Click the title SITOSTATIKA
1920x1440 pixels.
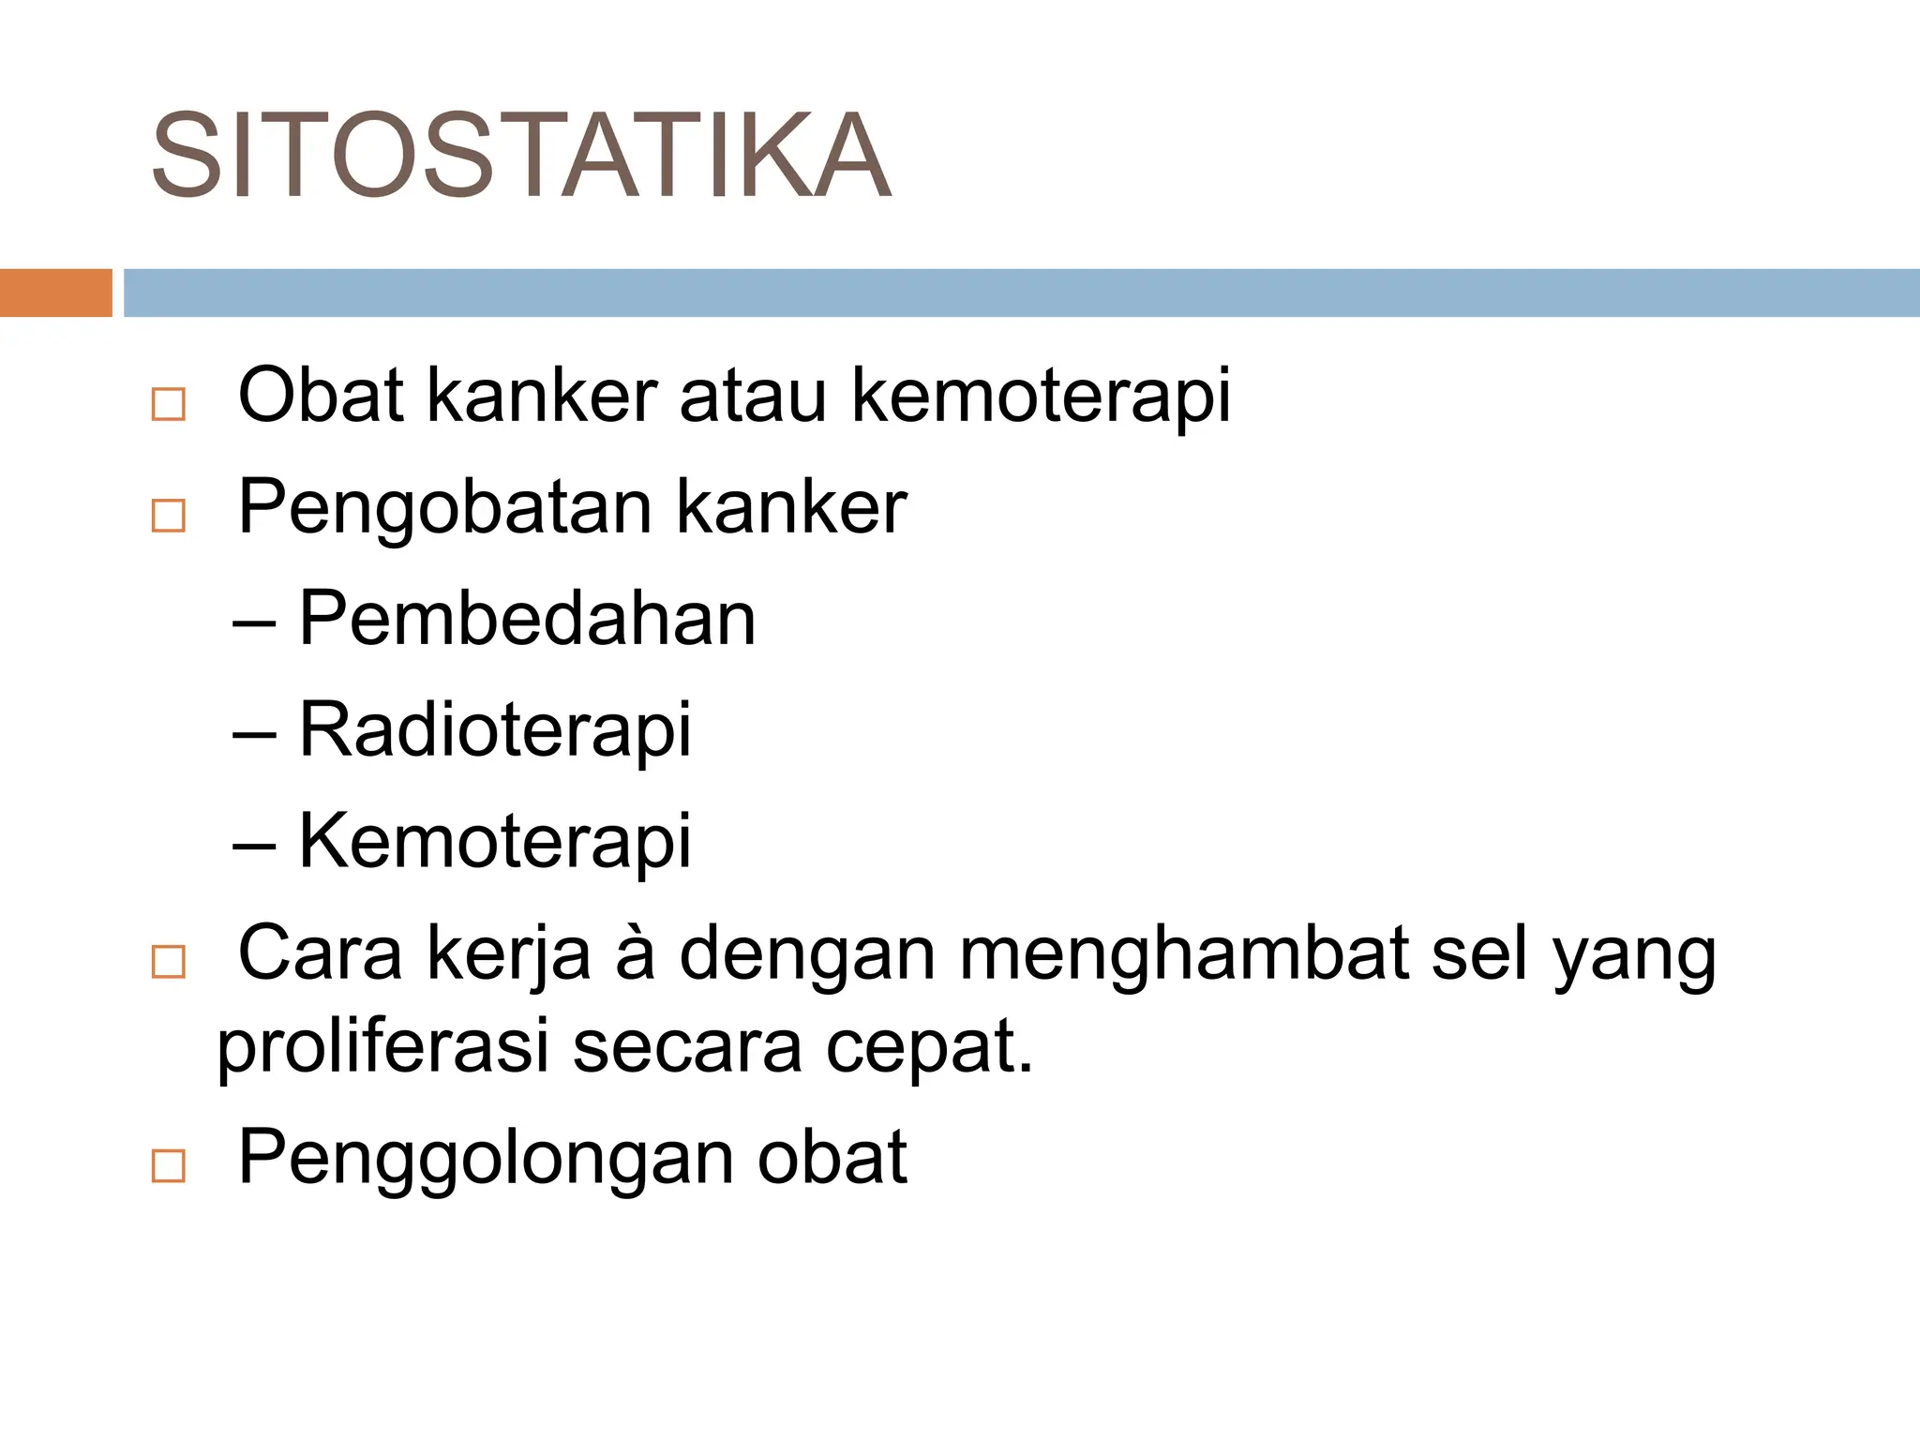click(x=520, y=156)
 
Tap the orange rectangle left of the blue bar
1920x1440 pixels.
click(x=55, y=292)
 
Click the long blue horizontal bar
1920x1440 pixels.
click(x=1021, y=292)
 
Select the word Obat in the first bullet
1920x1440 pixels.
click(x=321, y=396)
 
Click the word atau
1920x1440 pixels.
click(x=753, y=396)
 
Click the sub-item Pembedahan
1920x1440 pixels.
click(x=527, y=620)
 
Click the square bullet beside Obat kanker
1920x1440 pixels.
click(x=169, y=405)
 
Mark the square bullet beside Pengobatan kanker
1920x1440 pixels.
click(x=169, y=517)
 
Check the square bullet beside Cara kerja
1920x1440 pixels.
click(x=169, y=963)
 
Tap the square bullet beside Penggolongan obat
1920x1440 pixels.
click(x=169, y=1166)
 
